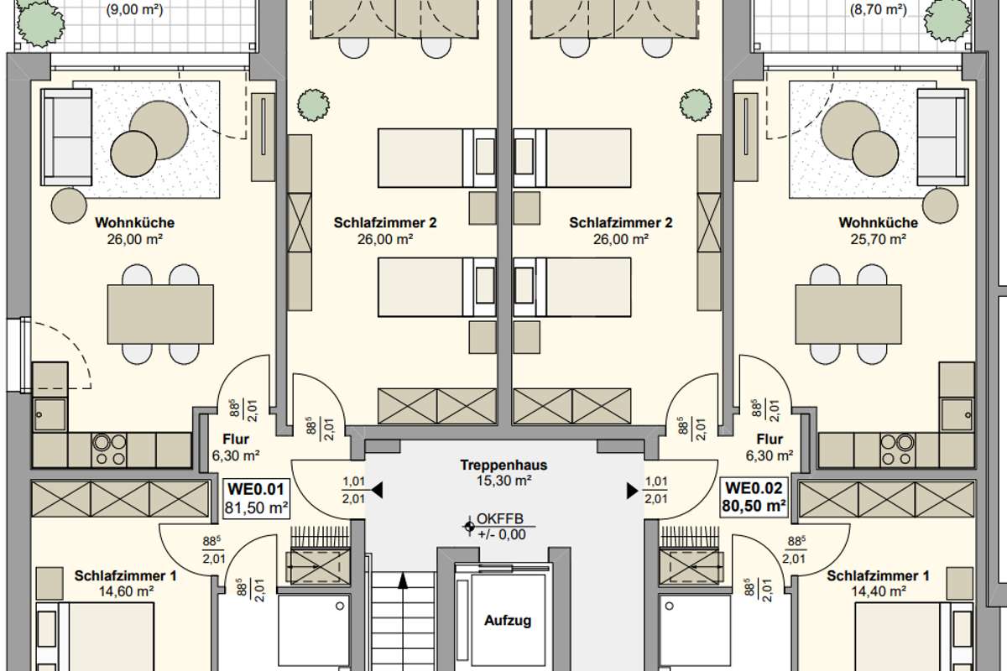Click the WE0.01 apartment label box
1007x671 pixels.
click(256, 498)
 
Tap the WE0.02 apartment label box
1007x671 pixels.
click(754, 497)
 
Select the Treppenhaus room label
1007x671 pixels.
click(503, 465)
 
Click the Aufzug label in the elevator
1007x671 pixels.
click(508, 621)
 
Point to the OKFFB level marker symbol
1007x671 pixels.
click(469, 526)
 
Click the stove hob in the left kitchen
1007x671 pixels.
click(109, 450)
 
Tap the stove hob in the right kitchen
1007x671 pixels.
click(898, 450)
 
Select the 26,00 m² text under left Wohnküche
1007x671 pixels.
click(134, 240)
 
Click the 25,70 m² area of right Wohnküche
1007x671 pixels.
click(878, 240)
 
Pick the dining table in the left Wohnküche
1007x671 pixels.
click(160, 315)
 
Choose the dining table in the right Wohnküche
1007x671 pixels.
click(848, 315)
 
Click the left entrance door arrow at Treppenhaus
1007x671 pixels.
click(377, 491)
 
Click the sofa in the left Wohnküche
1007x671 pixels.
click(66, 137)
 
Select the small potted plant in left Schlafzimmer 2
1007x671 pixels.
click(313, 105)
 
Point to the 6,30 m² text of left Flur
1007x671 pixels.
click(236, 455)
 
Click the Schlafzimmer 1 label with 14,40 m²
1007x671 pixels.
click(878, 584)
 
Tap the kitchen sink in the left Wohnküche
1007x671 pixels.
click(50, 414)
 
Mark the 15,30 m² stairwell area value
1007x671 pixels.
click(504, 481)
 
